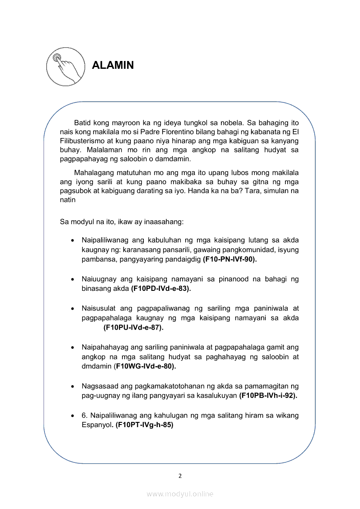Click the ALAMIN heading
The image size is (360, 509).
pyautogui.click(x=113, y=65)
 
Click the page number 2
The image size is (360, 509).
pyautogui.click(x=180, y=475)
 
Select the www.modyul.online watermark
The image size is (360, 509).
pyautogui.click(x=180, y=494)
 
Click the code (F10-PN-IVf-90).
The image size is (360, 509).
pyautogui.click(x=230, y=260)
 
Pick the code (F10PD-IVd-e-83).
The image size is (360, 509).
pyautogui.click(x=161, y=288)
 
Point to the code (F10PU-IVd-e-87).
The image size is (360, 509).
pyautogui.click(x=133, y=327)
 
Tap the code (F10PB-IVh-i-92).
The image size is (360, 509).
pyautogui.click(x=268, y=395)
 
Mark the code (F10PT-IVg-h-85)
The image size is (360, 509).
pyautogui.click(x=144, y=425)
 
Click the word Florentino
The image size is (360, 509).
pyautogui.click(x=194, y=131)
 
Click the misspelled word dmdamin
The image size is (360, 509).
pyautogui.click(x=97, y=366)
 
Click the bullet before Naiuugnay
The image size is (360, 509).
pyautogui.click(x=72, y=279)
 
